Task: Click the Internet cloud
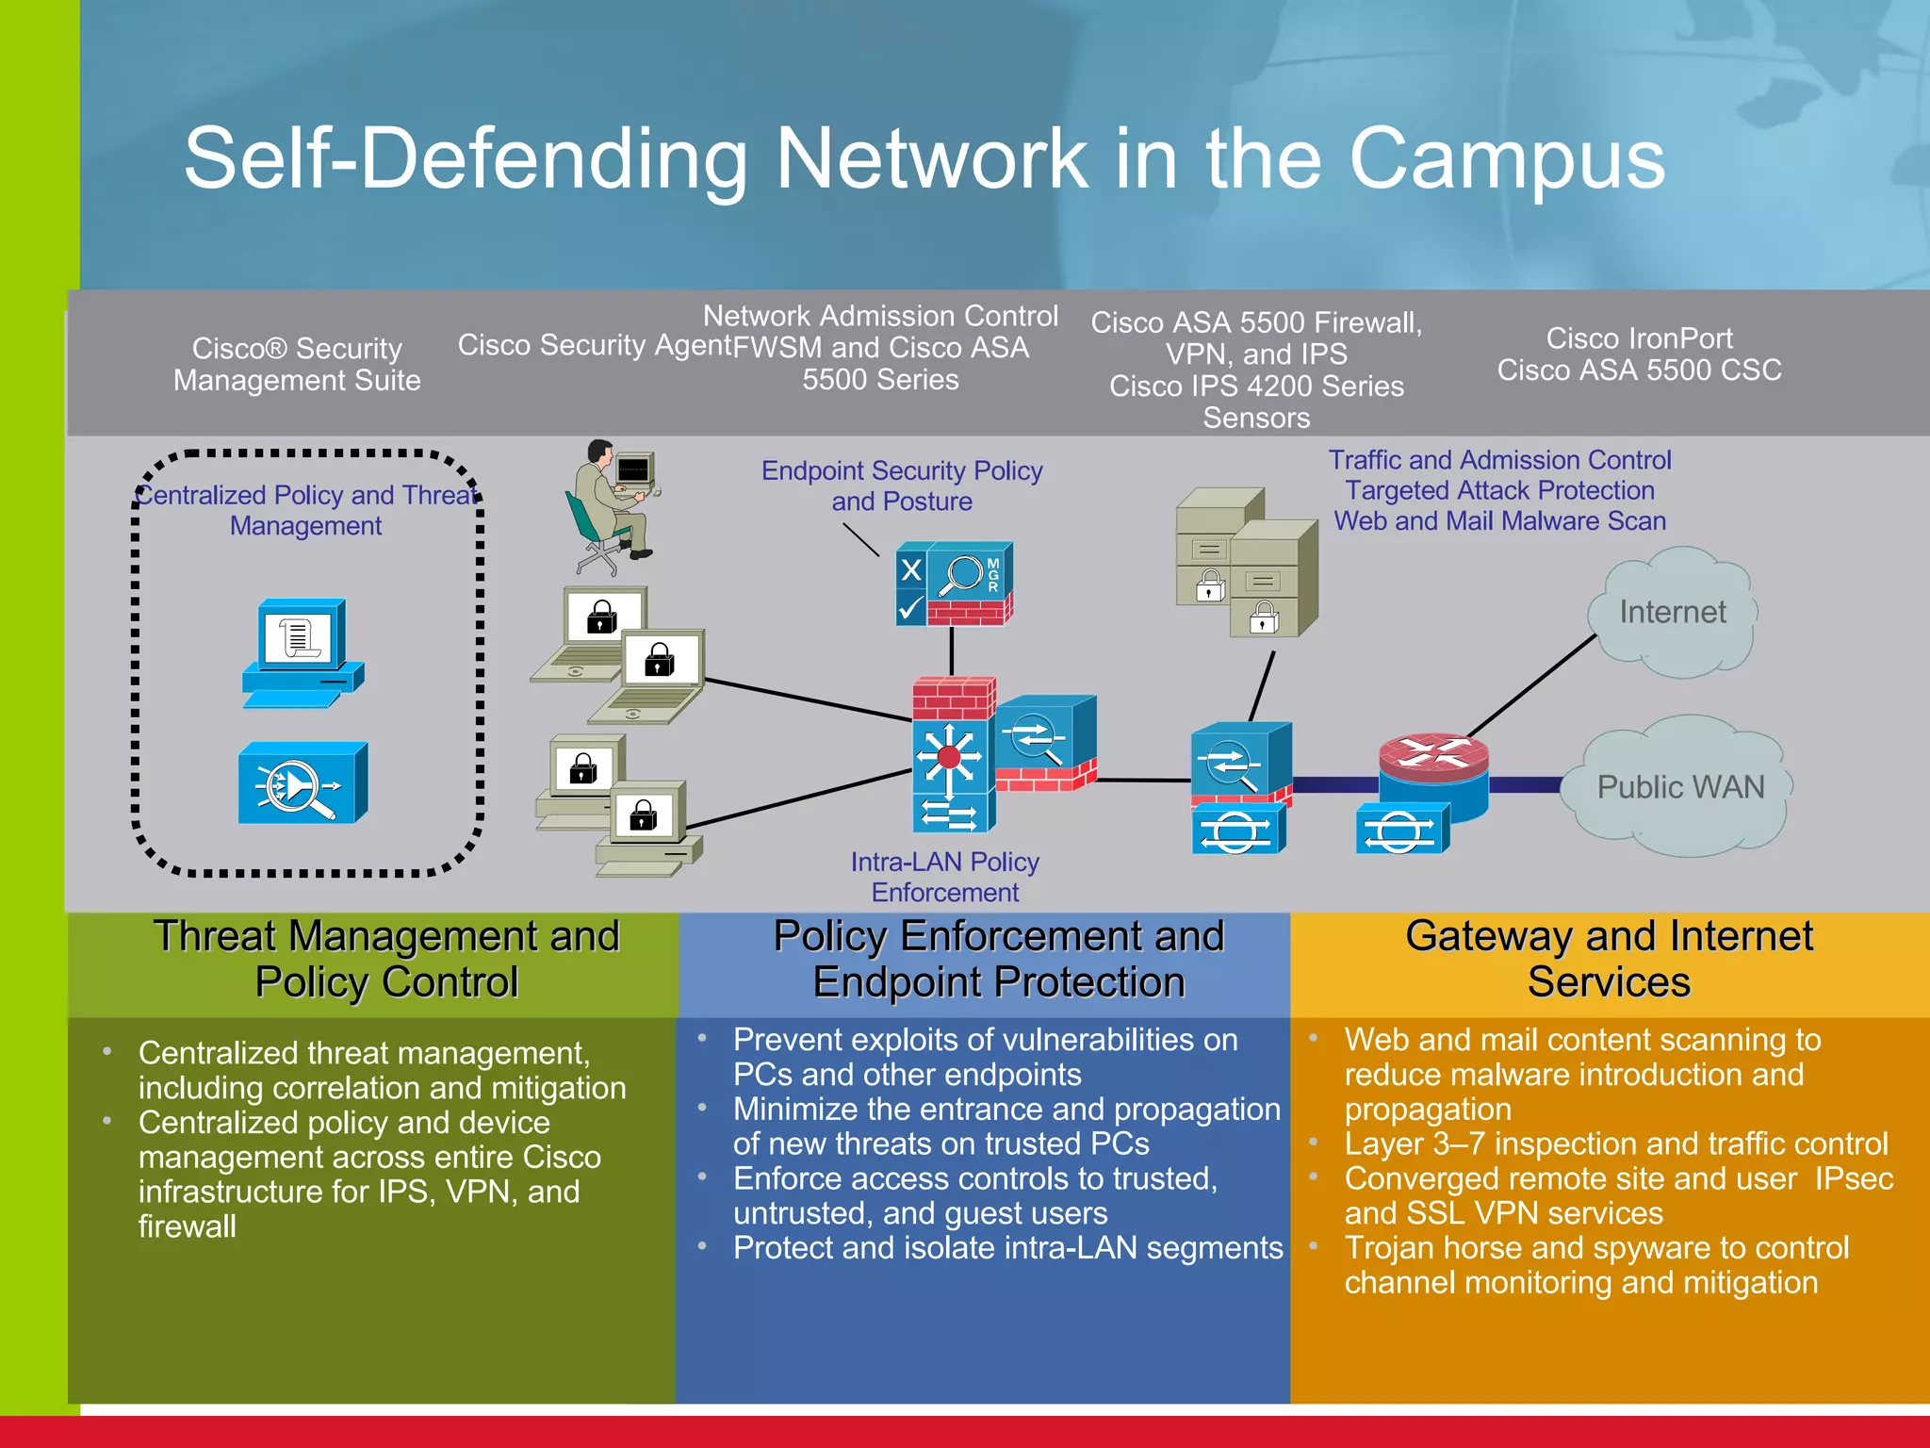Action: coord(1672,613)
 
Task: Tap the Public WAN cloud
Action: coord(1679,787)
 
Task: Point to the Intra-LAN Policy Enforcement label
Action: coord(944,877)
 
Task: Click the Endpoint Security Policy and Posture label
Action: coord(902,485)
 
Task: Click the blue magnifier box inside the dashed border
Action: coord(302,783)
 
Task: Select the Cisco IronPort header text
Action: coord(1639,338)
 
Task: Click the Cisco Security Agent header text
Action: coord(594,345)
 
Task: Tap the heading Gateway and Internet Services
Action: coord(1609,959)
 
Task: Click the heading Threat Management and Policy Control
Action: coord(386,959)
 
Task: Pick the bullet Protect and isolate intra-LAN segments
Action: coord(1007,1248)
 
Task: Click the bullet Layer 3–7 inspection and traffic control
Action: coord(1615,1144)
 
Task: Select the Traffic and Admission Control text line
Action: coord(1499,460)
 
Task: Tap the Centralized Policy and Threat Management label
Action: coord(306,510)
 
